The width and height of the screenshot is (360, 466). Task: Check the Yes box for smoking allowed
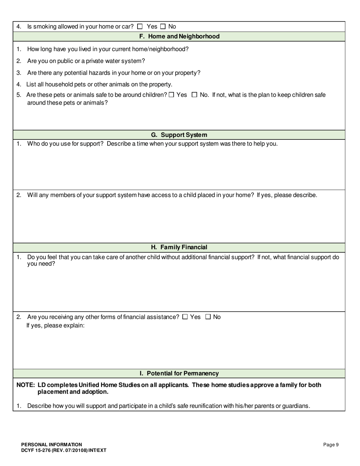[140, 27]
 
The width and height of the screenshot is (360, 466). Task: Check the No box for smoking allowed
[163, 27]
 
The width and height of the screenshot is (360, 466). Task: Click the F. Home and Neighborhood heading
[179, 36]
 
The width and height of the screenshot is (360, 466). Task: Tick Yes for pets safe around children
[171, 95]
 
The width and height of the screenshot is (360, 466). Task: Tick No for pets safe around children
[194, 95]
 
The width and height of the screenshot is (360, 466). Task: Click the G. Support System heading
[179, 135]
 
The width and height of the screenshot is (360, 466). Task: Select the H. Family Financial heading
[179, 247]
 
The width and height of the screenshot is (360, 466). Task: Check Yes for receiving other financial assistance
[185, 317]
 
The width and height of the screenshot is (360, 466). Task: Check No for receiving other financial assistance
[208, 317]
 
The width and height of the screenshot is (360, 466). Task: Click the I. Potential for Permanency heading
[179, 374]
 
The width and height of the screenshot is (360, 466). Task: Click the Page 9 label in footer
[331, 445]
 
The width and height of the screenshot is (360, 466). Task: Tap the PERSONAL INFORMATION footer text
[52, 445]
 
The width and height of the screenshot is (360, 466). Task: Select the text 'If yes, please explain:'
[55, 325]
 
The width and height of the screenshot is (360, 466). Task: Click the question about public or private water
[86, 61]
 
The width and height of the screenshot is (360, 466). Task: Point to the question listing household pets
[99, 84]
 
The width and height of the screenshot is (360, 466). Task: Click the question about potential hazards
[114, 73]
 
